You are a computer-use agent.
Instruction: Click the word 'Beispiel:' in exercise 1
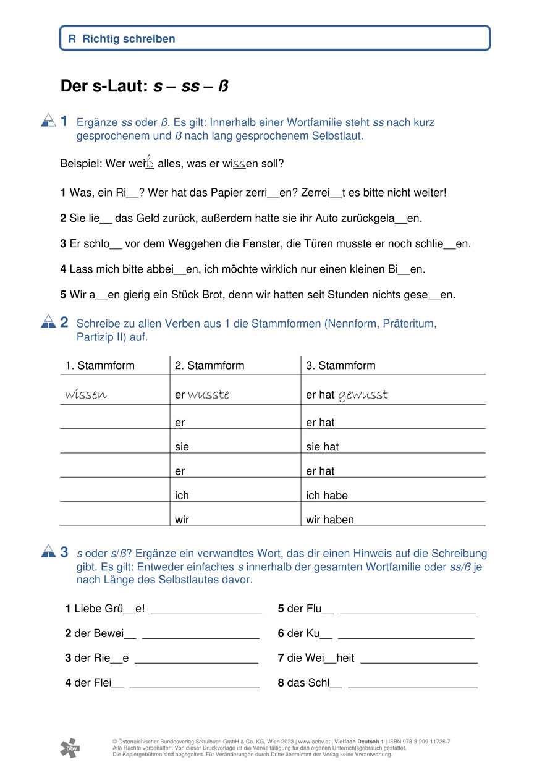click(81, 164)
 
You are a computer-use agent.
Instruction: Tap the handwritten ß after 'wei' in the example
click(150, 162)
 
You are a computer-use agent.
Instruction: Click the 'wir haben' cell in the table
click(330, 520)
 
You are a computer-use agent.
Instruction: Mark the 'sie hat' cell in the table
click(323, 447)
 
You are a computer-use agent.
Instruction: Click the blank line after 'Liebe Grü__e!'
click(206, 610)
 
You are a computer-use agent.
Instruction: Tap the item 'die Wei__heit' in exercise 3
click(320, 658)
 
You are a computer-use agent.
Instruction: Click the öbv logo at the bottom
click(69, 748)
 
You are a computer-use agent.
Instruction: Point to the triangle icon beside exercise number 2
click(48, 322)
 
